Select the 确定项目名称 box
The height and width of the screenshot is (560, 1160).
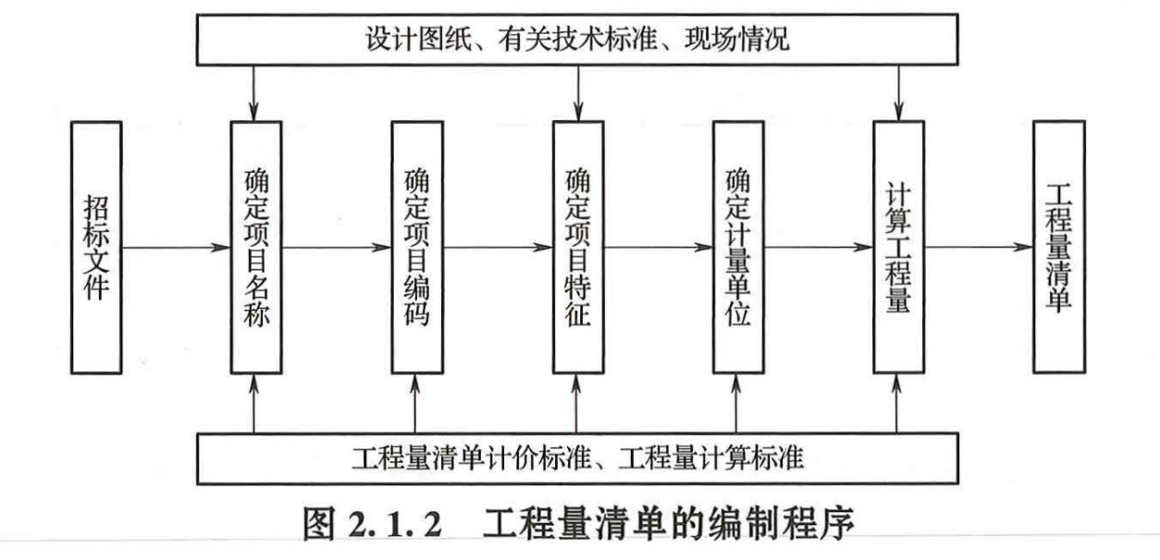point(254,247)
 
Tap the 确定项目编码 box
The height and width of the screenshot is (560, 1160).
point(416,247)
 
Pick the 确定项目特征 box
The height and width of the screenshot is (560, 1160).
point(577,247)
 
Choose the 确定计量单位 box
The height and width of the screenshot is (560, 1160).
point(737,247)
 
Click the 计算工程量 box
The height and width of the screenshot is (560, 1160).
point(898,247)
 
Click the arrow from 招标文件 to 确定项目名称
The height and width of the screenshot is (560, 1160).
point(176,247)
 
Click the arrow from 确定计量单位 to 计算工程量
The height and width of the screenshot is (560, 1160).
point(818,247)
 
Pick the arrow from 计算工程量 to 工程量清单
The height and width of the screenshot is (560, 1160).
point(979,247)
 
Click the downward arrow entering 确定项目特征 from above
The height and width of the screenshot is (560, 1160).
point(577,92)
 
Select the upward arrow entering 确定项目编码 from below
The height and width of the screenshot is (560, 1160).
point(416,403)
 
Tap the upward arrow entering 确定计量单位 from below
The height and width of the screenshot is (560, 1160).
point(737,403)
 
